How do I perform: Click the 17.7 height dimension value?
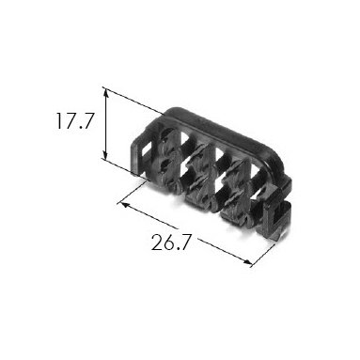pyautogui.click(x=74, y=121)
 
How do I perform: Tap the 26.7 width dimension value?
pyautogui.click(x=171, y=243)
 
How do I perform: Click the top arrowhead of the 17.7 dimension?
pyautogui.click(x=106, y=93)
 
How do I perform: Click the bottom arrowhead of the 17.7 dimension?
pyautogui.click(x=105, y=155)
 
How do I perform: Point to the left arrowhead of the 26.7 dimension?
pyautogui.click(x=125, y=206)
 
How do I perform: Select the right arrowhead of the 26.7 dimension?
pyautogui.click(x=247, y=262)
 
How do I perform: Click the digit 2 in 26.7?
pyautogui.click(x=157, y=243)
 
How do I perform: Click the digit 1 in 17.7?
pyautogui.click(x=59, y=121)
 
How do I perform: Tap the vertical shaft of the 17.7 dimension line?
pyautogui.click(x=105, y=124)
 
